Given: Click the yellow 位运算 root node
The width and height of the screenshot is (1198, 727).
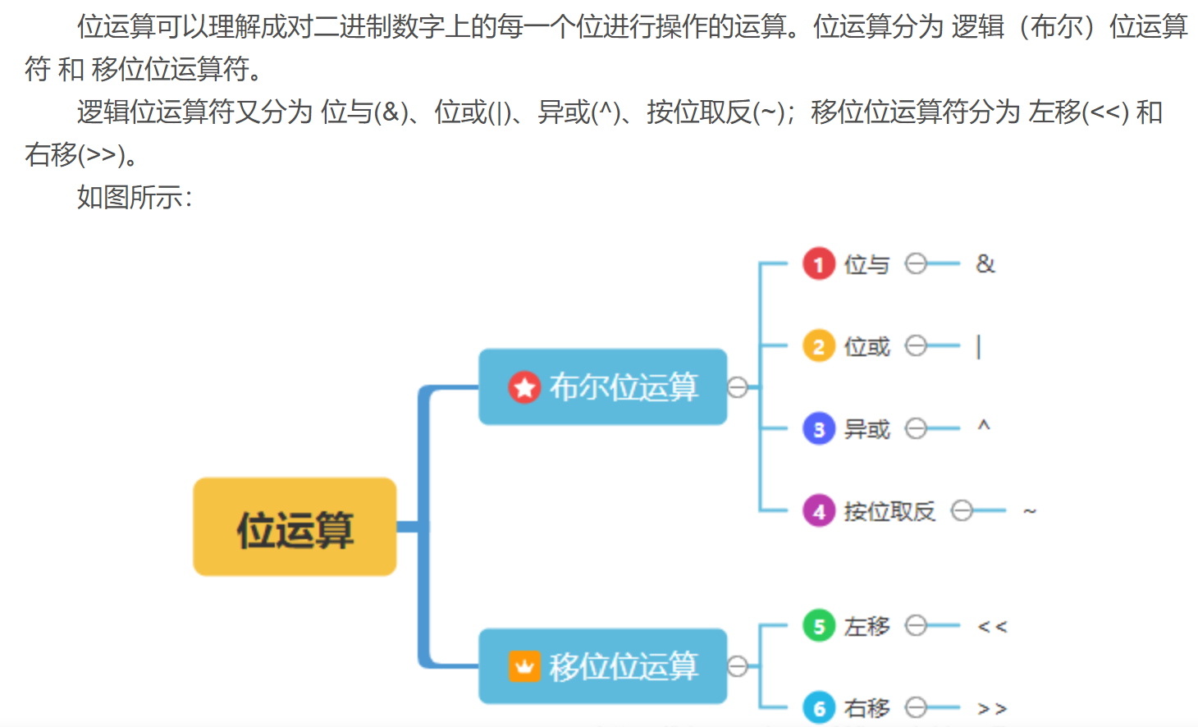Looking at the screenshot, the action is coord(295,527).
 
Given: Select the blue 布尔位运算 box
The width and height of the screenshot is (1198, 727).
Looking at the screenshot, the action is coord(602,386).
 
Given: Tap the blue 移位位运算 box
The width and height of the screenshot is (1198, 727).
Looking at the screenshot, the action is coord(602,665).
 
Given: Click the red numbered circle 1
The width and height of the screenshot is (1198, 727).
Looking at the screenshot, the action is coord(818,264).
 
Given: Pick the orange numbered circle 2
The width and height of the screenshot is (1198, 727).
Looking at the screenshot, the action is coord(818,346).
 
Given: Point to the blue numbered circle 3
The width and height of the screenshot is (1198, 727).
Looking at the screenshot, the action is coord(818,428).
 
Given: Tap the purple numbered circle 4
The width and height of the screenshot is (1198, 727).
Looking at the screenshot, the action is coord(818,511).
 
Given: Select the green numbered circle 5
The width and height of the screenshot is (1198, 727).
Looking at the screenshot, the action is coord(818,626).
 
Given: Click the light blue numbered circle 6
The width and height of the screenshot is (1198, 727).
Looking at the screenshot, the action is coord(818,708).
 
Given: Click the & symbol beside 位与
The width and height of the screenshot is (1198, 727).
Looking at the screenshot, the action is coord(985,264).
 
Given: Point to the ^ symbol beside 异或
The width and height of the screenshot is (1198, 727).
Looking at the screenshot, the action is coord(984,426).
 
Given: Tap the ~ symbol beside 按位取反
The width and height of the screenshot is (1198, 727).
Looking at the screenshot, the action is coord(1030,511).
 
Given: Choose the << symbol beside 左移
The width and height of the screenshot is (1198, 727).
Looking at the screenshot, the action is coord(992,627).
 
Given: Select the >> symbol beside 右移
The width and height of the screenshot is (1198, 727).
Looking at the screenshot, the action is coord(992,708).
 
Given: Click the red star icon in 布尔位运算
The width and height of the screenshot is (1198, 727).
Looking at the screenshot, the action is coord(524,387).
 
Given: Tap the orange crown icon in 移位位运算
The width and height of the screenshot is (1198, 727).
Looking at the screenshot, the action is coord(524,666).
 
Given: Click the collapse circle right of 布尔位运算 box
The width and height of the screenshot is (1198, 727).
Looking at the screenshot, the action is coord(738,387).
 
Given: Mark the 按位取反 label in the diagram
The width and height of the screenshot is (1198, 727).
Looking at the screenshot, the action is coord(889,511).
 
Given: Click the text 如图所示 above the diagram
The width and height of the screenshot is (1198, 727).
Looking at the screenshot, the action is coord(134,197).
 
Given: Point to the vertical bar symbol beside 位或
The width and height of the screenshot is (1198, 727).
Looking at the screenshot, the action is coord(978,347).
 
